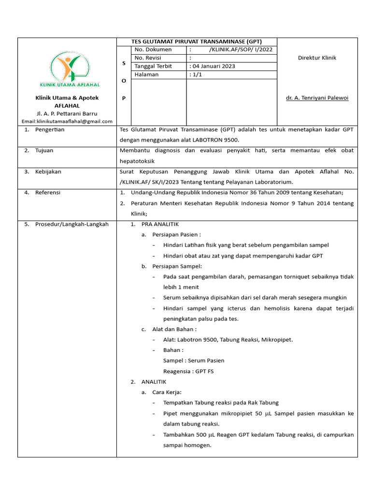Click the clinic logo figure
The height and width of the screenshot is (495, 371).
pos(67,68)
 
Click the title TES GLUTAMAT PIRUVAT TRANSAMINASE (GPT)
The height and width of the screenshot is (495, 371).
pos(197,42)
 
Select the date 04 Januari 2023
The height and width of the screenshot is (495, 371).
pos(213,66)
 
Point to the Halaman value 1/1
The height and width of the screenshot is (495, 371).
pos(197,74)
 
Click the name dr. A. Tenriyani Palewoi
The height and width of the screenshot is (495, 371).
pos(317,98)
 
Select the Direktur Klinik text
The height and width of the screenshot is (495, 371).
pos(317,58)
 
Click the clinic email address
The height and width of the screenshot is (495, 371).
pos(67,121)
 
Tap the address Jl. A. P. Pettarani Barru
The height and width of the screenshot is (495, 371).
pos(67,114)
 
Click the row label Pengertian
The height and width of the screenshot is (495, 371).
pos(50,130)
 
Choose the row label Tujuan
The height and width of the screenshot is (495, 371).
pos(44,150)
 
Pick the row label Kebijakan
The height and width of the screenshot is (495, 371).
pos(48,172)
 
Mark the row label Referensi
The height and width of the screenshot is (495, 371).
pos(48,192)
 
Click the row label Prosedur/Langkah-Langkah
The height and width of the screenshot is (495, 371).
pos(71,224)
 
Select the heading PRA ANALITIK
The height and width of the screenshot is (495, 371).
pos(160,224)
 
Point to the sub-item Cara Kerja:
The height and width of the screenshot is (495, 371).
pos(167,392)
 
